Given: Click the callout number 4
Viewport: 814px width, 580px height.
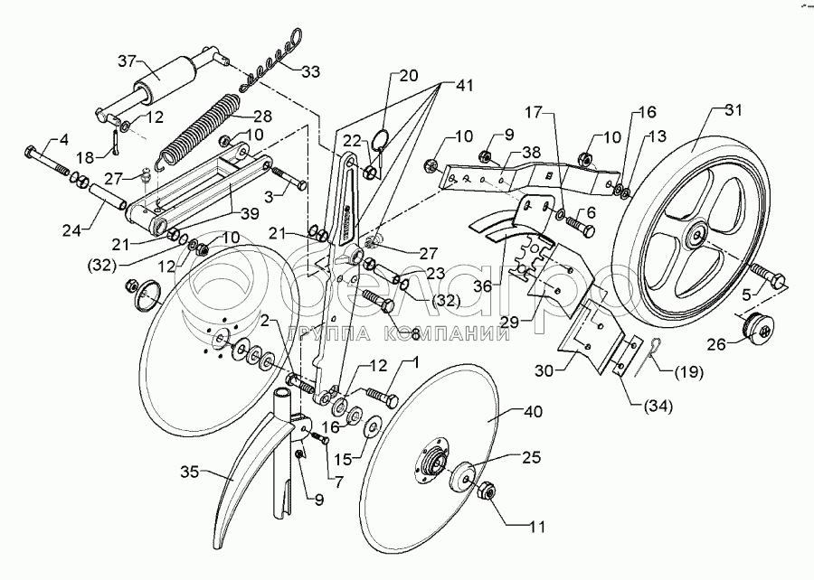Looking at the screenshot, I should [63, 140].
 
